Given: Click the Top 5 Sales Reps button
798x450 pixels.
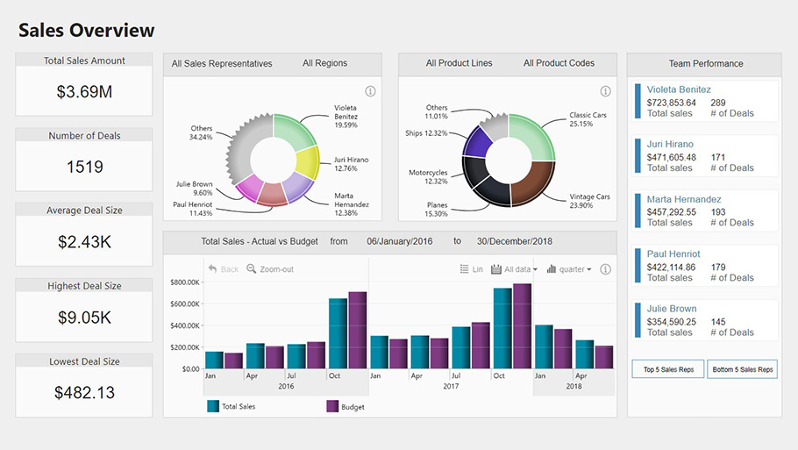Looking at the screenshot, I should point(668,369).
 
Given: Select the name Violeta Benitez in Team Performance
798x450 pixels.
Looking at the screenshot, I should point(679,89).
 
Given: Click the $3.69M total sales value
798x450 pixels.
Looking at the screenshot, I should point(84,92).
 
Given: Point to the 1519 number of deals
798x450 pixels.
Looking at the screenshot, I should point(84,167).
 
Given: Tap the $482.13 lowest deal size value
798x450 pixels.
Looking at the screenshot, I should point(84,392).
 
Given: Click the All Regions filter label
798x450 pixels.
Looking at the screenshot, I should point(324,63).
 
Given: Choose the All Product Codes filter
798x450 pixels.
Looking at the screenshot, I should point(559,63).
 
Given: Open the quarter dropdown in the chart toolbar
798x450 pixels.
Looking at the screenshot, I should point(569,269).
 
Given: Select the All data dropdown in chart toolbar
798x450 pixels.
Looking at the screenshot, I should point(515,269).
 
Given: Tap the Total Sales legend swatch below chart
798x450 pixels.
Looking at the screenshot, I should point(213,406).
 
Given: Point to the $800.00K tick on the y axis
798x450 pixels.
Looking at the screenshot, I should point(185,282).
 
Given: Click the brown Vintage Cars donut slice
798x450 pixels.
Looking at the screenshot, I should point(531,181).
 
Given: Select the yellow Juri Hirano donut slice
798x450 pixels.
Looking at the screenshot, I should point(306,163).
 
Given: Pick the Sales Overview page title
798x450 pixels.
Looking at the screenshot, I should point(86,31).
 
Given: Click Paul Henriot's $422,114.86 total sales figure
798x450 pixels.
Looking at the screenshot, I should point(671,268).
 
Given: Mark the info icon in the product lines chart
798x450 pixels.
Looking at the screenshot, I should point(605,91).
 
